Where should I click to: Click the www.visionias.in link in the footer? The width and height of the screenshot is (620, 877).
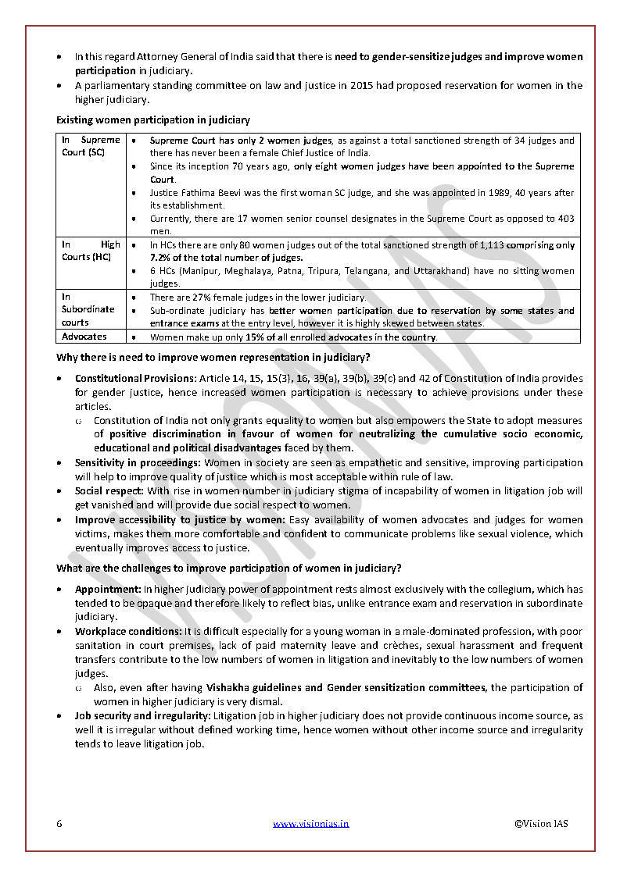pos(310,823)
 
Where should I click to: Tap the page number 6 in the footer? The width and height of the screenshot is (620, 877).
pos(59,823)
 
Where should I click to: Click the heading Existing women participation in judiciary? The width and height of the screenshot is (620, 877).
pos(153,120)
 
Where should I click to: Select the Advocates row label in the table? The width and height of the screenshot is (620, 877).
pos(84,337)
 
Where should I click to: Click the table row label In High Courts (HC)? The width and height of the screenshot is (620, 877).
pos(91,251)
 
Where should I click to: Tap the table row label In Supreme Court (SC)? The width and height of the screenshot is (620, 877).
pos(91,146)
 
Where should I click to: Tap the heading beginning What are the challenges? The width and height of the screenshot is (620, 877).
pos(229,568)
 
